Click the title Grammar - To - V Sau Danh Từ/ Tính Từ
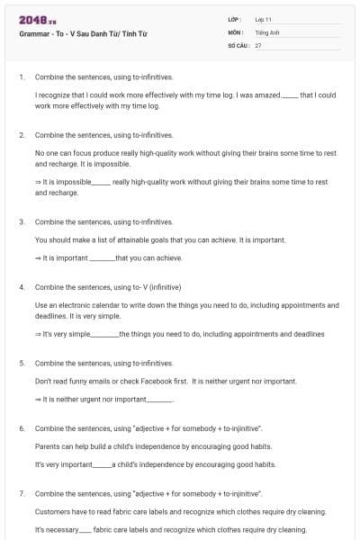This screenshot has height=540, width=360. point(83,32)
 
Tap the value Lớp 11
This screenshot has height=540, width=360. point(264,19)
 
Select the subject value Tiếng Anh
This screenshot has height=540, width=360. point(267,31)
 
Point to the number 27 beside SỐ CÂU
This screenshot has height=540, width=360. point(258,44)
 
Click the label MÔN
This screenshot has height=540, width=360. point(235,31)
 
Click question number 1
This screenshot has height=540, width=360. point(21,76)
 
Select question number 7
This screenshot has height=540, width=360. point(21,494)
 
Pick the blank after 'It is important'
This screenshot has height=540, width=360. point(102,258)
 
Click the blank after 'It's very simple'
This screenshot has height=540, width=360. point(104,334)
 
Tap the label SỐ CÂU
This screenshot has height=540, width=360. point(238,44)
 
